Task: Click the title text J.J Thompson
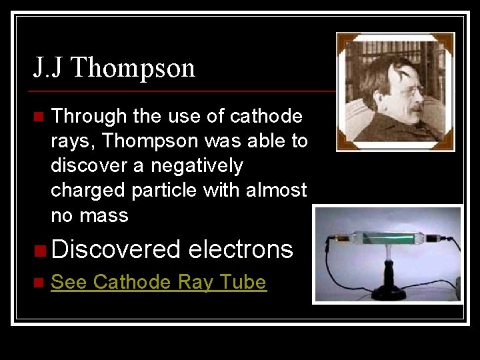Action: point(114,68)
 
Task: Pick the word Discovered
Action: point(116,249)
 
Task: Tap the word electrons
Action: point(241,249)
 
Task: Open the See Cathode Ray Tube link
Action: point(159,283)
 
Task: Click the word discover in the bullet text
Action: point(85,166)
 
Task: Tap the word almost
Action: point(275,191)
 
